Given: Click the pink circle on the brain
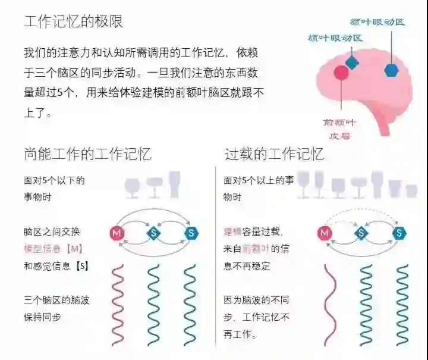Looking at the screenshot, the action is (341, 73).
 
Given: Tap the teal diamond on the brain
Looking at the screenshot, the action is (352, 62).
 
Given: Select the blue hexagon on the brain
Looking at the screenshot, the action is (391, 70).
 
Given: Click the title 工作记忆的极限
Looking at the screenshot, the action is (73, 21).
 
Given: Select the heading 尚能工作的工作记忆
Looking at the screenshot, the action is (87, 154).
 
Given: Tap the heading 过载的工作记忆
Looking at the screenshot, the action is (274, 154).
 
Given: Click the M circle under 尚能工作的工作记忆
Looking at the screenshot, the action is (117, 233).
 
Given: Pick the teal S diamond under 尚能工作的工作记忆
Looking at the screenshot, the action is (154, 233).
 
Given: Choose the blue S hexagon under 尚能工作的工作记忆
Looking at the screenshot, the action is (191, 233).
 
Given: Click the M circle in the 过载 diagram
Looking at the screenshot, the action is (325, 233).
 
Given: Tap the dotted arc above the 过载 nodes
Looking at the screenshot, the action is (362, 211).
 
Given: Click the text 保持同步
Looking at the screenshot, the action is (43, 317).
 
